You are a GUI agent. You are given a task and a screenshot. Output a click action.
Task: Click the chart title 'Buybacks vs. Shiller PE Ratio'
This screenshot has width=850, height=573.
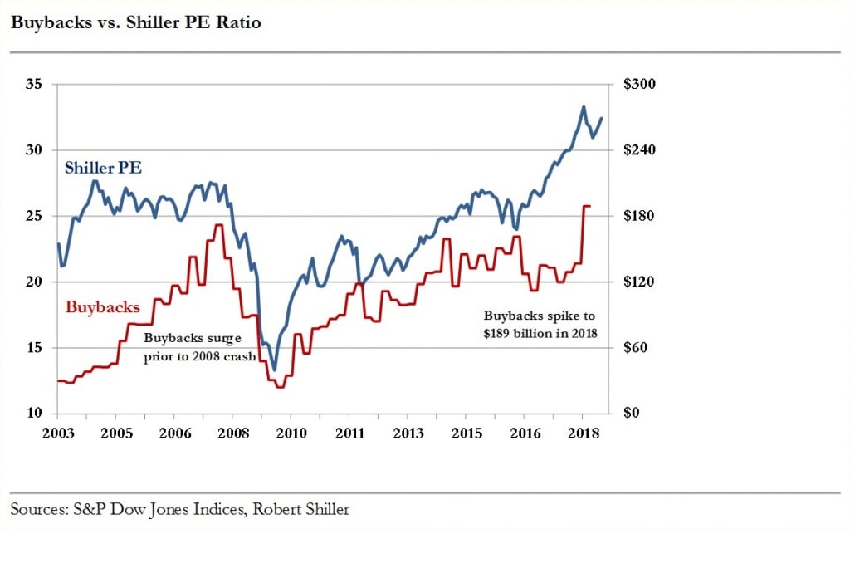(135, 23)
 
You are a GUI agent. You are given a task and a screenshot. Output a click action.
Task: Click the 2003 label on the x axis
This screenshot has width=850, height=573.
(58, 433)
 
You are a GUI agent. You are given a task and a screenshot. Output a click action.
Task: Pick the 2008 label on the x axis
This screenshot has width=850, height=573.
(232, 433)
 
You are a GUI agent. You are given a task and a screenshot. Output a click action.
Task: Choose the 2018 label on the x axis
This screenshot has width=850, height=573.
(582, 433)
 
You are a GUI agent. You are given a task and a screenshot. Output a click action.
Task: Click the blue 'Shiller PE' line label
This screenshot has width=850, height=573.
(103, 168)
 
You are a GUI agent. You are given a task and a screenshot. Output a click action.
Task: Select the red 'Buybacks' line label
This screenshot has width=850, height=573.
(103, 307)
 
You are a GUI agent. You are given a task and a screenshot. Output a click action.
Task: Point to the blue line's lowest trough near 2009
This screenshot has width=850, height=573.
(275, 370)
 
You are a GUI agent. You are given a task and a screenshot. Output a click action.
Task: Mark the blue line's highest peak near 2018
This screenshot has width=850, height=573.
(584, 106)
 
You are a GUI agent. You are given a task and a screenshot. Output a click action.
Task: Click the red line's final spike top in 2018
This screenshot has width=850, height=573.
(586, 206)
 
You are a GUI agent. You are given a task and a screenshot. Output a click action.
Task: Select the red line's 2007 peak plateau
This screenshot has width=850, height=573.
(218, 225)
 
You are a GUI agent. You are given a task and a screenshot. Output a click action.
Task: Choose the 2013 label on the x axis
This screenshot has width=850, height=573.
(408, 433)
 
